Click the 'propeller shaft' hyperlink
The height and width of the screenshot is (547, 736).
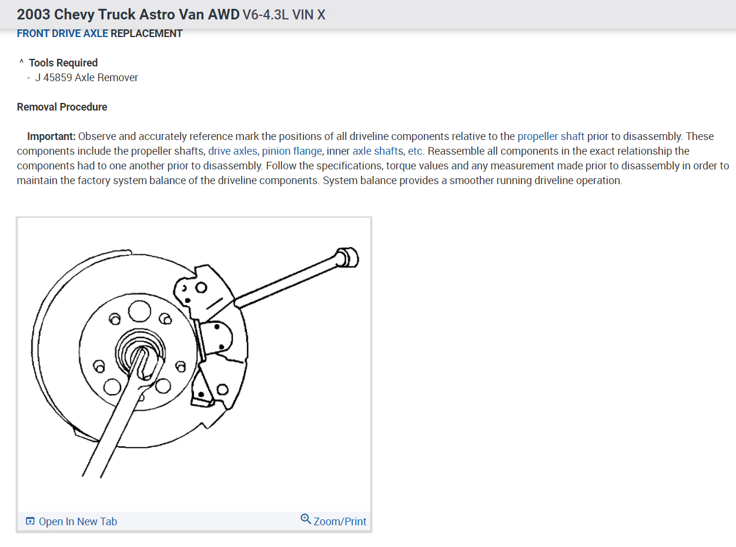click(550, 136)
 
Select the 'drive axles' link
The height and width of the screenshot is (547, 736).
click(232, 151)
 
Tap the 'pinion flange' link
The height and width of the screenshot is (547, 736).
click(292, 151)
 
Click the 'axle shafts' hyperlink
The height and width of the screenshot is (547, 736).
click(377, 151)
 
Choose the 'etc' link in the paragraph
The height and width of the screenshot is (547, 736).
click(414, 151)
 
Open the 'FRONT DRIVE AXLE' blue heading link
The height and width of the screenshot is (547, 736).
click(62, 34)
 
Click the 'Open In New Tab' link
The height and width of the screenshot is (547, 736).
click(78, 522)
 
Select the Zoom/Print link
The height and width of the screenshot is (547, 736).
click(340, 522)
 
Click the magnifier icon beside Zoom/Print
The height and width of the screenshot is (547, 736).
click(306, 519)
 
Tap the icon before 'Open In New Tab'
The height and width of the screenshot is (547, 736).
click(31, 522)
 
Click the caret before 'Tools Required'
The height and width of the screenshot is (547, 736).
click(21, 62)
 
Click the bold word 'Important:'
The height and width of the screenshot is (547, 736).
click(51, 136)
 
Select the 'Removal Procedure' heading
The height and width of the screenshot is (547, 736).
click(62, 107)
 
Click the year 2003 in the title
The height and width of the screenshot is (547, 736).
click(34, 15)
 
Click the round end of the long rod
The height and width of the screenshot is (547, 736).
click(350, 257)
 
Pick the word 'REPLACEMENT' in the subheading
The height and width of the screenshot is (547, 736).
click(146, 34)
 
